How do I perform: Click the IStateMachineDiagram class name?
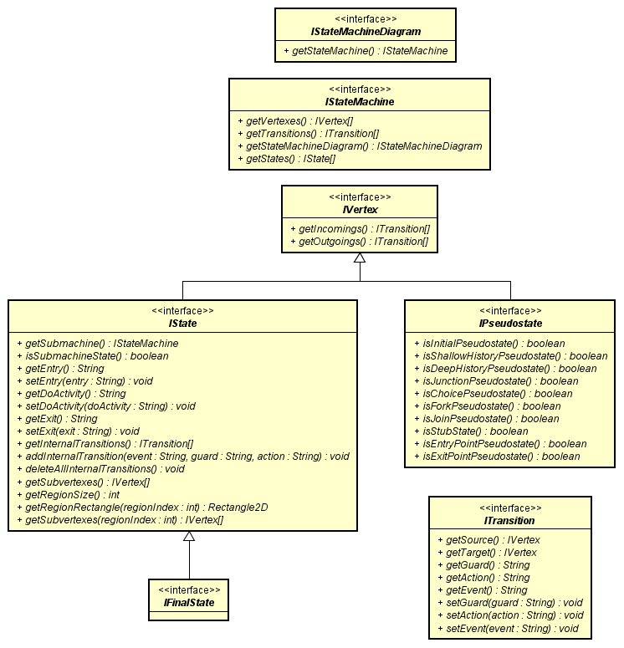tap(366, 32)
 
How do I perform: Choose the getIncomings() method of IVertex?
tap(359, 228)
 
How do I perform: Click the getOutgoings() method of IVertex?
tap(359, 242)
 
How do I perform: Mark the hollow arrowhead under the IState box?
tap(189, 537)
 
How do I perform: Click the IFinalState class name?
tap(188, 602)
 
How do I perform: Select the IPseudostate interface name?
tap(509, 323)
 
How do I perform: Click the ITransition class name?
tap(509, 520)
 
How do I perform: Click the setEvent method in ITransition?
tap(513, 628)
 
